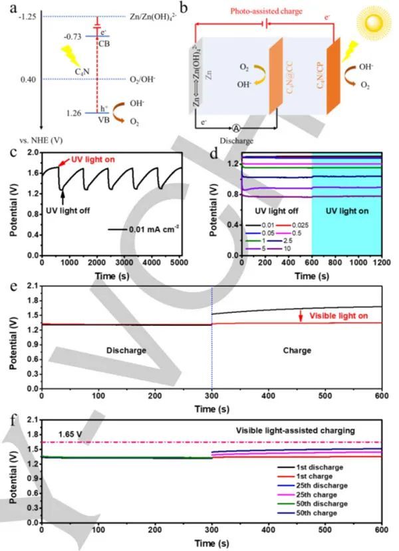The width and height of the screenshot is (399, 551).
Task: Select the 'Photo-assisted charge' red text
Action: coord(254,11)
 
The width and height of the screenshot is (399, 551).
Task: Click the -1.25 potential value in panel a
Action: coord(25,17)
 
